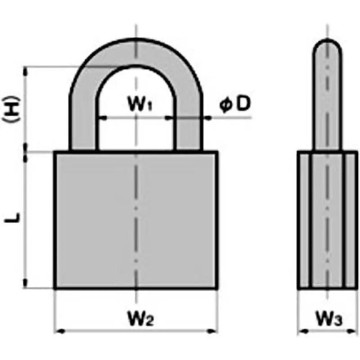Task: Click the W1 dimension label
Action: click(140, 105)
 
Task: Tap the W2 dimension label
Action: click(140, 320)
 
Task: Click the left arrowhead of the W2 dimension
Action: click(58, 332)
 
